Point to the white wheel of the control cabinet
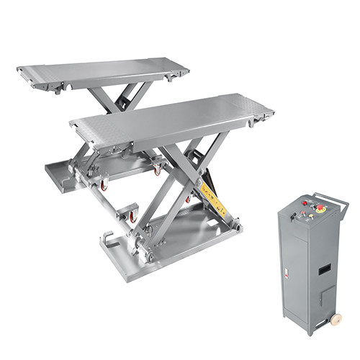coord(336,318)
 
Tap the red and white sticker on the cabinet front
coord(286,274)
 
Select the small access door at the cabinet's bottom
coord(326,297)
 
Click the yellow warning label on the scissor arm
coord(212,201)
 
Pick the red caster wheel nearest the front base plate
coord(132,216)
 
